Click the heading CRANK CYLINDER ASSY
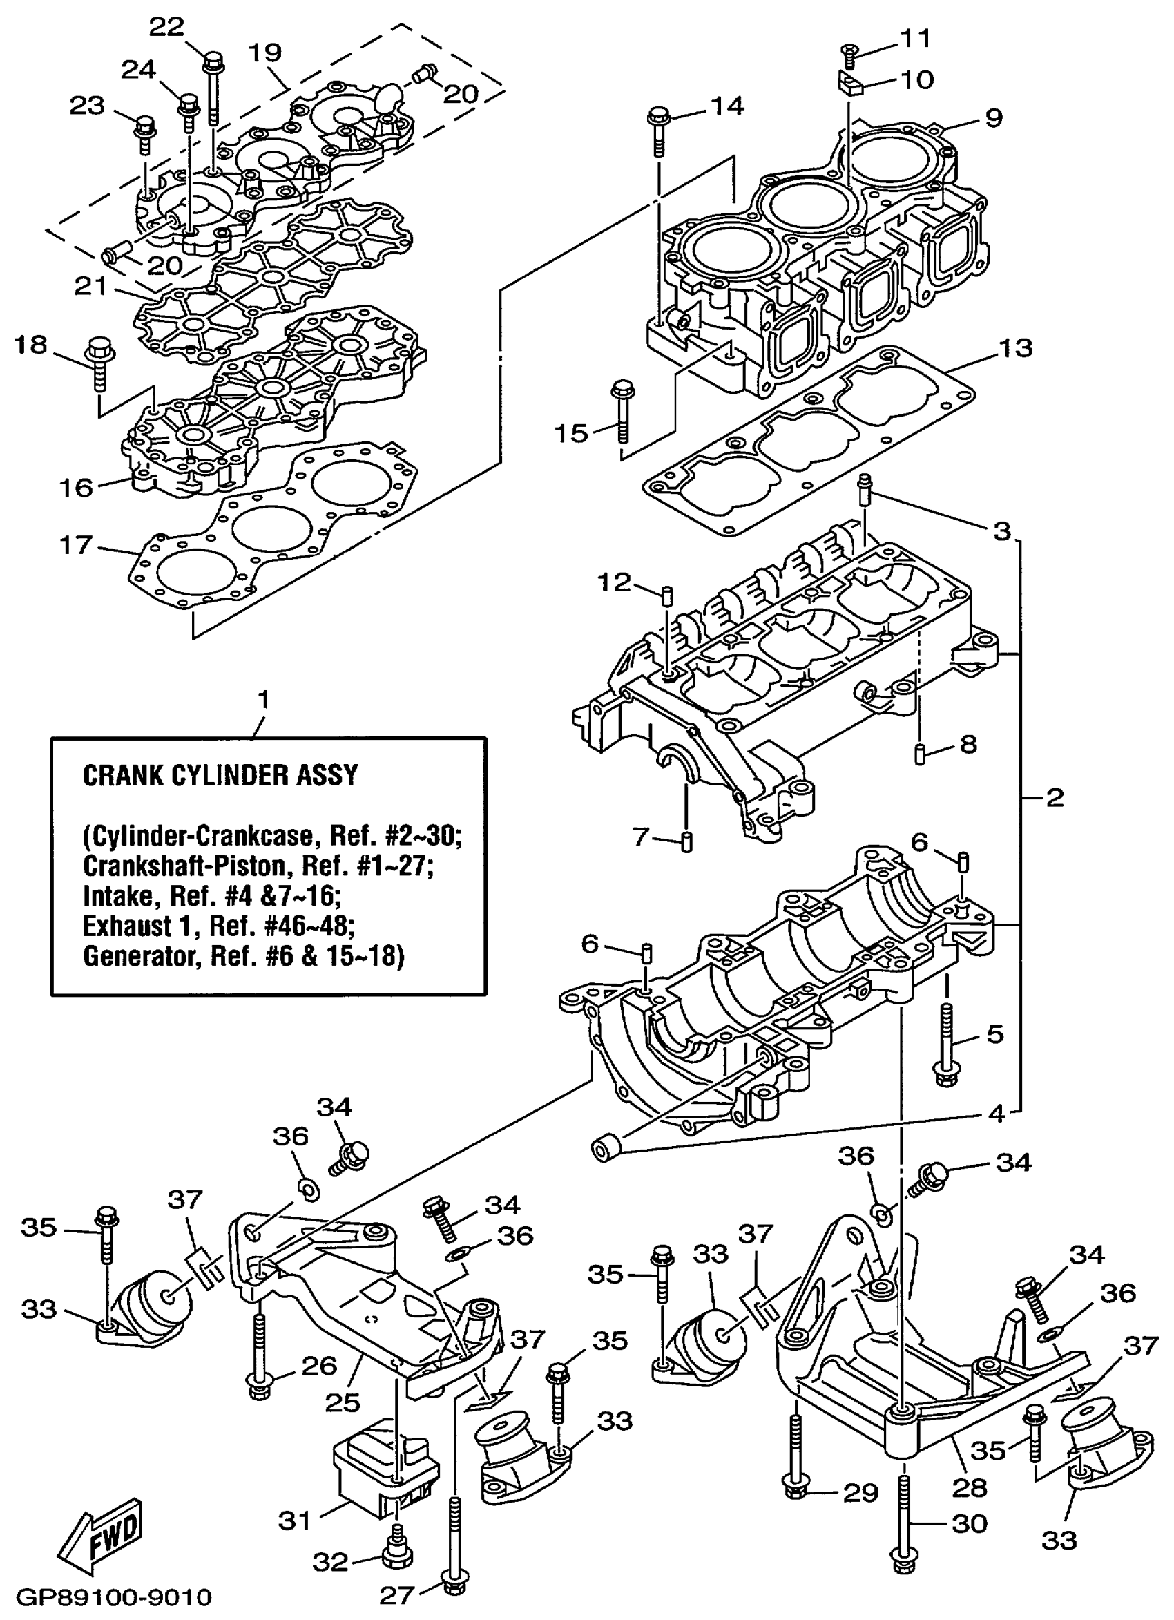[220, 775]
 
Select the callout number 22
[166, 27]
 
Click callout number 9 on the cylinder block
[993, 117]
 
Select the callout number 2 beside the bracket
[1055, 797]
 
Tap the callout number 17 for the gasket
[76, 545]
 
